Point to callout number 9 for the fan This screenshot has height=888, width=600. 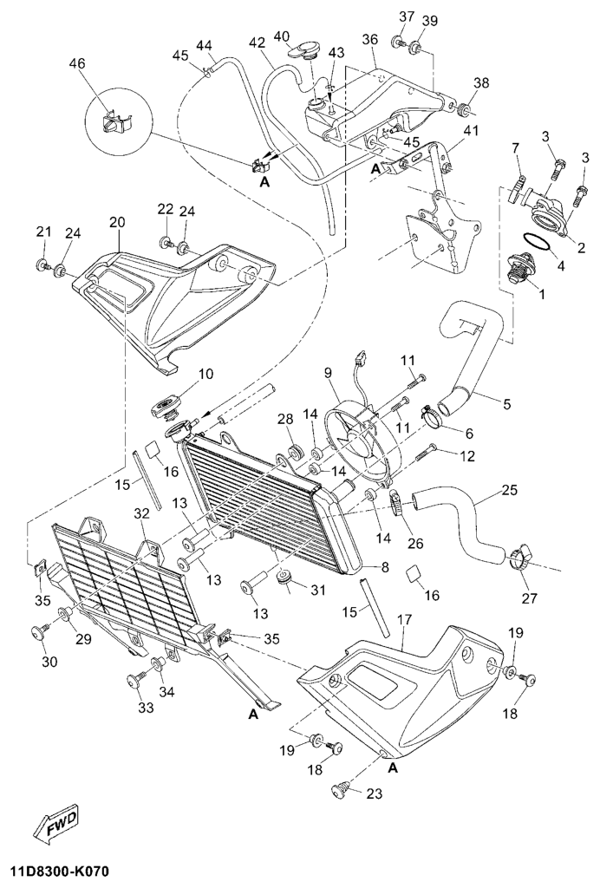pyautogui.click(x=329, y=375)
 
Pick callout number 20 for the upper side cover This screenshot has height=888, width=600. pyautogui.click(x=117, y=222)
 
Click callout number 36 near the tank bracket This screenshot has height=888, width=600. pyautogui.click(x=369, y=40)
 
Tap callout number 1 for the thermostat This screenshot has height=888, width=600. pyautogui.click(x=542, y=295)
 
